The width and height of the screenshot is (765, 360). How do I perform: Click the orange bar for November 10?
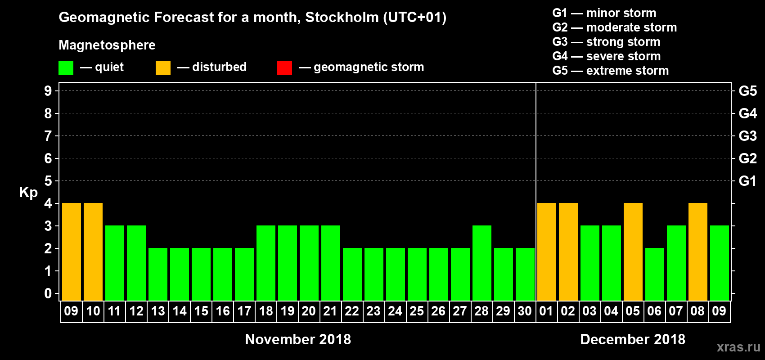93,252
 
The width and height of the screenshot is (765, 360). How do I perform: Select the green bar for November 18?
266,263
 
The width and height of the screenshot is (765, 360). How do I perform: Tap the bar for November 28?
482,263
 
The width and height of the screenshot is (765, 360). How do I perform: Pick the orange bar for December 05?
633,252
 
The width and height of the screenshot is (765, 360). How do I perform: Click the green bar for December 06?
655,274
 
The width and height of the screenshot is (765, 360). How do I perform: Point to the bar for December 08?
698,252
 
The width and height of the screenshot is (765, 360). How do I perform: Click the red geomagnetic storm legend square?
284,68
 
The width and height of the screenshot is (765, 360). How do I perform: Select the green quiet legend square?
66,68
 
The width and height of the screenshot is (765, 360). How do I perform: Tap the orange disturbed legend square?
163,68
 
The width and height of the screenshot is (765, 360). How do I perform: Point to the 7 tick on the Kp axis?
48,136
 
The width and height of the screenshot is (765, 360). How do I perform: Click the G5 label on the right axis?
747,91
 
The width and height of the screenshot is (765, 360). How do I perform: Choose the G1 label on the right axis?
747,181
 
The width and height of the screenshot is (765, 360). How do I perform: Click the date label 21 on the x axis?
330,311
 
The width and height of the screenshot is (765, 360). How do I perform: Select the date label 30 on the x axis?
525,311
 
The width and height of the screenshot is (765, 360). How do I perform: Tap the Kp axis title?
28,193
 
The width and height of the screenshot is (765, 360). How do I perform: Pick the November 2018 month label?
298,339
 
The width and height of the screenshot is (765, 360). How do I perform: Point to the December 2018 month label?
633,339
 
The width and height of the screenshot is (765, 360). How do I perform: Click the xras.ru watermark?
738,347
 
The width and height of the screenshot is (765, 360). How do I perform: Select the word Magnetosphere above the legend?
107,45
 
